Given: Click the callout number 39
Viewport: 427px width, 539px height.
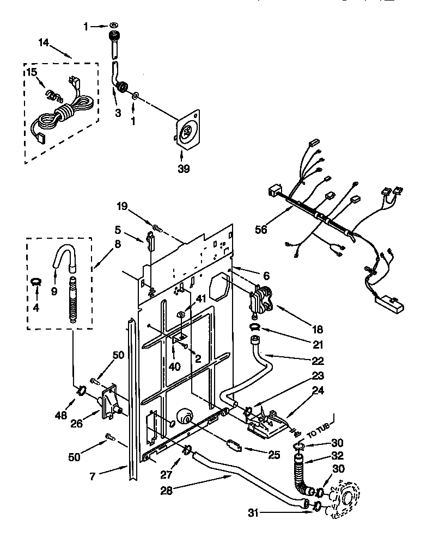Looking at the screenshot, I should click(x=184, y=169).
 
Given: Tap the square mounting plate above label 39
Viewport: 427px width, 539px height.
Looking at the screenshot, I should click(x=187, y=131).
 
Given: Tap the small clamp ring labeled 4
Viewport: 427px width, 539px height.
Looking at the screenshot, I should click(x=36, y=281).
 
